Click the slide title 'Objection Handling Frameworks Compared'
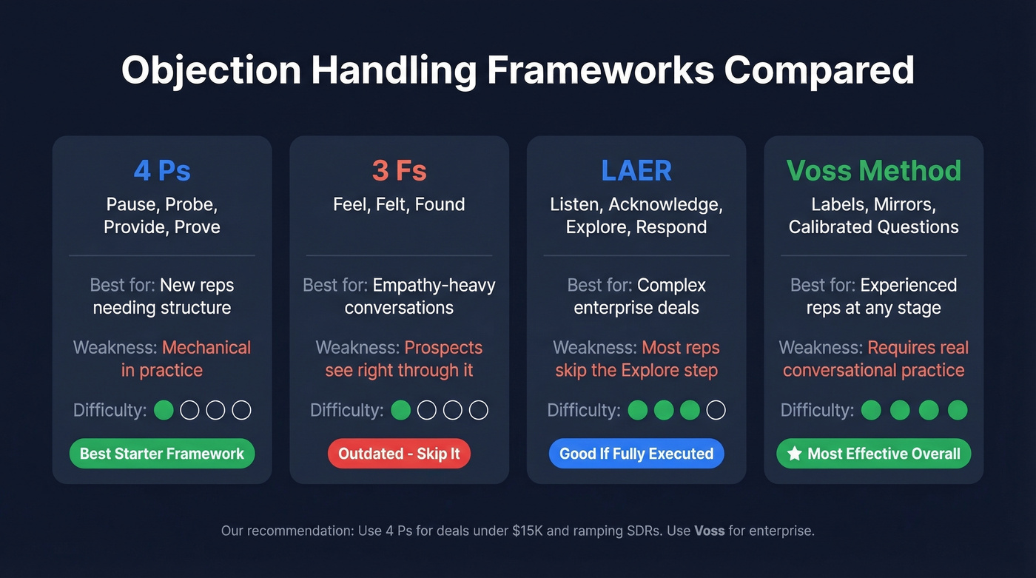517,71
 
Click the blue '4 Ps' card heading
162,171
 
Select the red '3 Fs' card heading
399,171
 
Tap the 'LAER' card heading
636,171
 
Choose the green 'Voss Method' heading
873,171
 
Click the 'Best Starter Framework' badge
162,454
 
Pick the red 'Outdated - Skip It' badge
399,454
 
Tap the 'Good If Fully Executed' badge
636,454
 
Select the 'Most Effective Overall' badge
873,454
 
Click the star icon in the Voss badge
795,454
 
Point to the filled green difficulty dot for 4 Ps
164,410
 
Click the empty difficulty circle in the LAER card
716,410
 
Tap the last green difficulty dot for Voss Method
958,410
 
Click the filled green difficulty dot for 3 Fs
400,410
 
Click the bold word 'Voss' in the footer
709,531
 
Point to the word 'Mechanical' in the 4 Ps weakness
206,347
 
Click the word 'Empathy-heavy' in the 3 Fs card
434,285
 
